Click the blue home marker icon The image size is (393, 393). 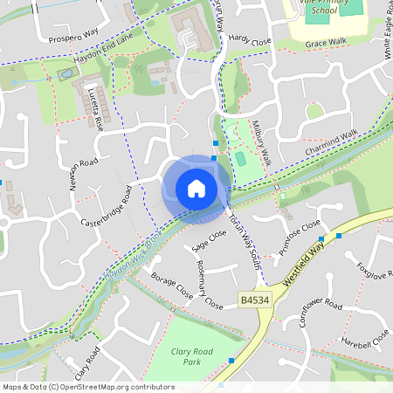pos(196,189)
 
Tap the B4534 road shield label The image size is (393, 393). pos(252,300)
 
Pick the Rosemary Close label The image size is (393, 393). pos(209,284)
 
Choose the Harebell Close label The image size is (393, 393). pos(364,338)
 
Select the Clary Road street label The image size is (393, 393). pos(87,359)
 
